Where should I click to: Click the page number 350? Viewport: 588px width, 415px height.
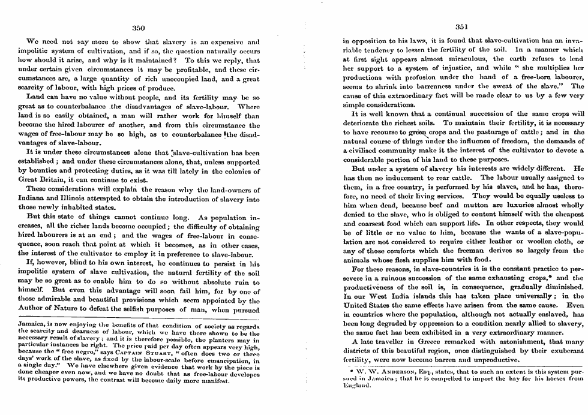[x=139, y=28]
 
